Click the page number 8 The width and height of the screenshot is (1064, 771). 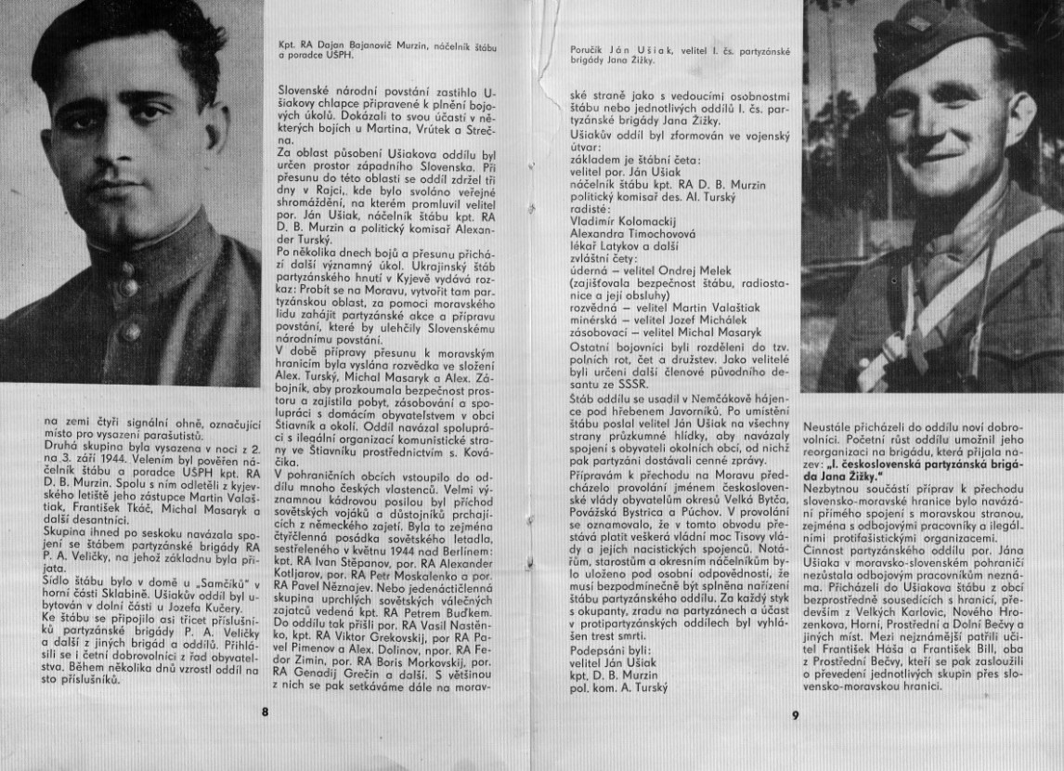coord(265,713)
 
